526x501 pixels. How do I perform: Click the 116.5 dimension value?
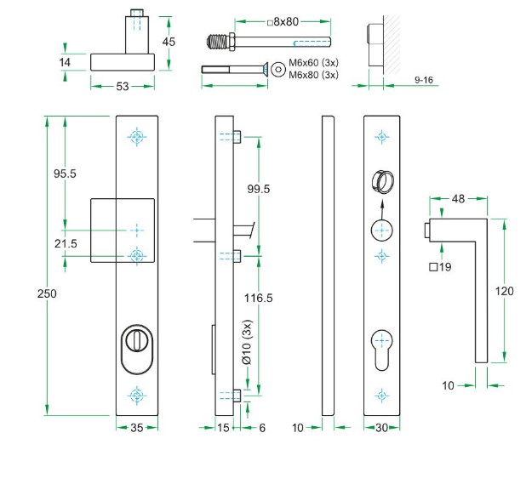coord(258,299)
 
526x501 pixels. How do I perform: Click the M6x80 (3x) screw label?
coord(314,75)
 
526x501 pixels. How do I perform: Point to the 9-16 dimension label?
coord(424,79)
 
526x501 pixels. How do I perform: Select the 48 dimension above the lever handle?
coord(457,199)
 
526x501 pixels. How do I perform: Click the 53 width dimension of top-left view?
coord(123,86)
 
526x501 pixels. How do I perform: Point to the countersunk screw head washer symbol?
coord(277,69)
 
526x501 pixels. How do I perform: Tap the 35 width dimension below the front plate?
coord(135,428)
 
